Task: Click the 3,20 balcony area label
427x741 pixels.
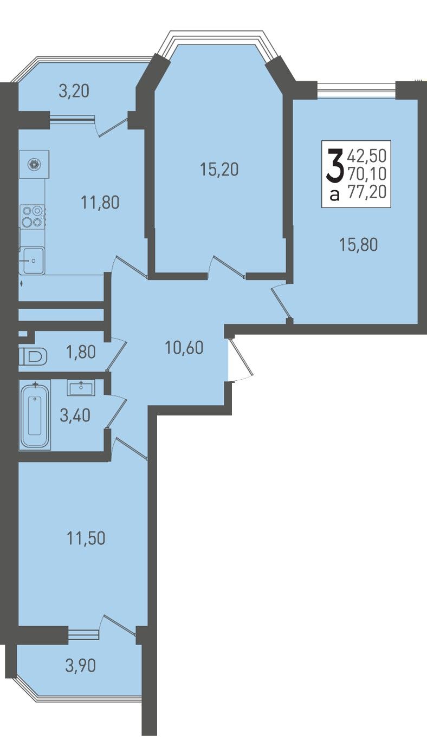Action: point(74,91)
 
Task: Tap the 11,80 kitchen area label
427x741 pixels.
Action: point(100,202)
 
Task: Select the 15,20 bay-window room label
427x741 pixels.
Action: point(219,170)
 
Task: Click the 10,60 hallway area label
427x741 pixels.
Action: point(184,348)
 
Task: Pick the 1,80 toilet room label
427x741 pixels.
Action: point(81,352)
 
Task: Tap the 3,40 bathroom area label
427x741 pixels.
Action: point(75,415)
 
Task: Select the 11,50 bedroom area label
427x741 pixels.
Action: point(86,538)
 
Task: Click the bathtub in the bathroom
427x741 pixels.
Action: point(35,415)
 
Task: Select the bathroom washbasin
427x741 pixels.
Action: point(81,387)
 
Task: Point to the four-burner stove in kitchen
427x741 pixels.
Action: point(32,217)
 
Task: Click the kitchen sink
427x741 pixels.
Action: point(32,261)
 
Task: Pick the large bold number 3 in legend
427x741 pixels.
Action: point(335,165)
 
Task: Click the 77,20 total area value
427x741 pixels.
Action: point(367,192)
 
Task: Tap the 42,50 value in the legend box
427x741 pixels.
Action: point(367,156)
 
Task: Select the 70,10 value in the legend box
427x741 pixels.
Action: point(367,173)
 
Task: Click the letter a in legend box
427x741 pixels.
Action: point(335,196)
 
